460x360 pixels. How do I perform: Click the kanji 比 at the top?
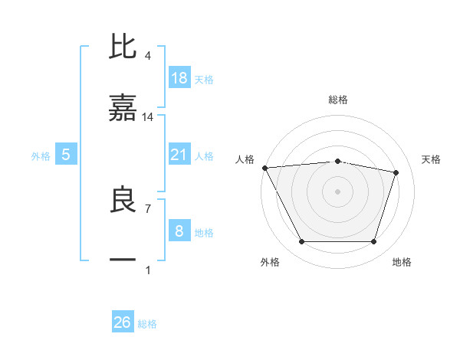pos(123,47)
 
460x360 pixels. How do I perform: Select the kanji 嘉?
pos(123,109)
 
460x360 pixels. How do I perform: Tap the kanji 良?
pos(123,200)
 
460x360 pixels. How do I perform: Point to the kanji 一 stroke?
pos(123,260)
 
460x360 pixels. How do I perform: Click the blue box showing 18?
pos(179,78)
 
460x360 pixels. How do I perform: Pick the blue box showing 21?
pos(179,155)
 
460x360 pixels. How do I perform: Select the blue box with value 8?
pos(179,231)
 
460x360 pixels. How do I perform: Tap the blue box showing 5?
pos(66,155)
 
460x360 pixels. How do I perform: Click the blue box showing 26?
pos(122,322)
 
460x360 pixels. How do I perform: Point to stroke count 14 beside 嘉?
pos(148,117)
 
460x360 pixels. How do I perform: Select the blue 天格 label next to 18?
pos(204,79)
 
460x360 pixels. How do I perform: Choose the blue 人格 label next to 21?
pos(204,155)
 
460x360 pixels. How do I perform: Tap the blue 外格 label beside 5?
pos(41,155)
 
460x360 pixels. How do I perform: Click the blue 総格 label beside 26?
pos(147,323)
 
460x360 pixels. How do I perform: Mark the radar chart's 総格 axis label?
pos(338,100)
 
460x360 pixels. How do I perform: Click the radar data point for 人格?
pos(264,168)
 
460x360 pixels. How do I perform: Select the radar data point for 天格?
pos(396,172)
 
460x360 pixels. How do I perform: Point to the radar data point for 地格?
pos(373,242)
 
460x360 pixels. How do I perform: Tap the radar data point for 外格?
pos(301,242)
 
